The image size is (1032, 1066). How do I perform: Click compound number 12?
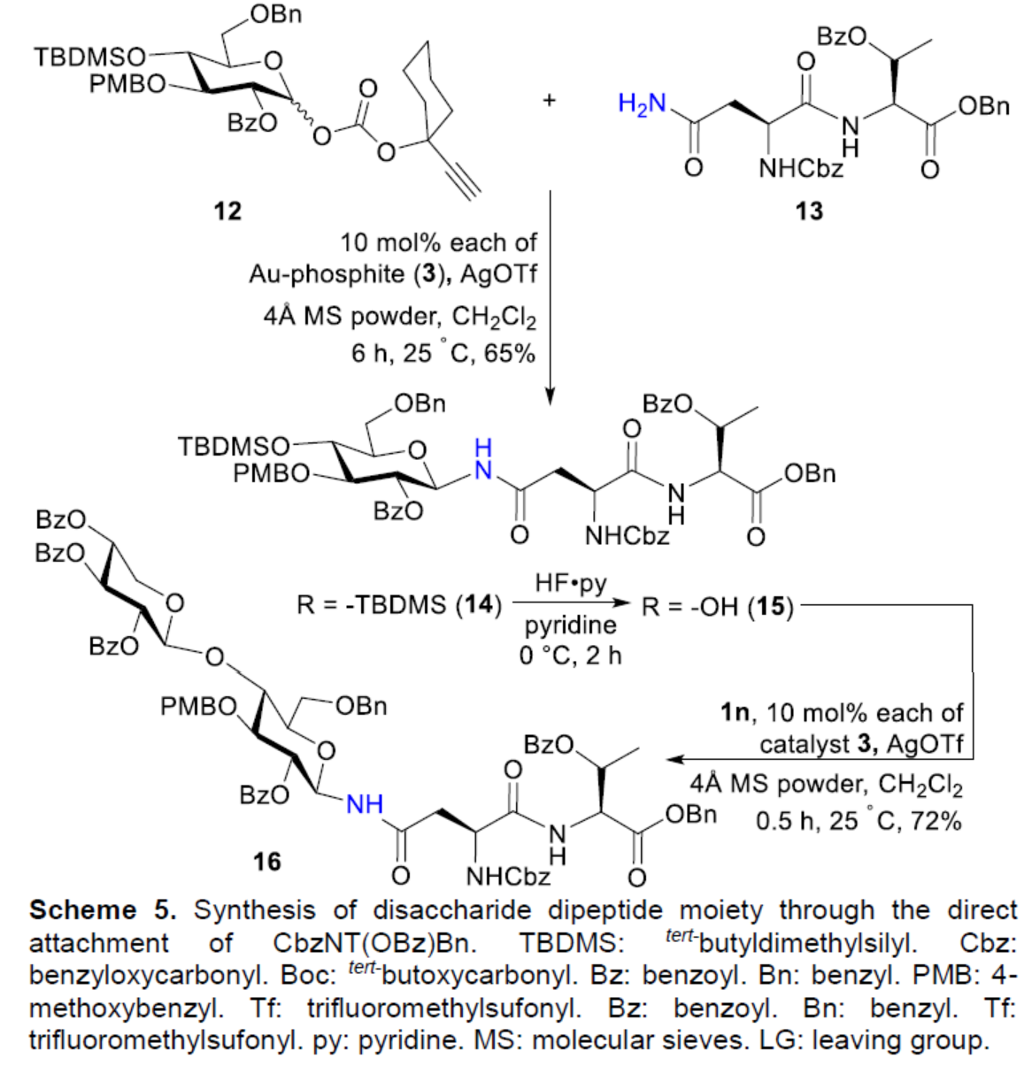click(x=227, y=211)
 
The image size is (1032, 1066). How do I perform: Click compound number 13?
click(x=808, y=211)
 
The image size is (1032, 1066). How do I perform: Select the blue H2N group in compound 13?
click(x=642, y=104)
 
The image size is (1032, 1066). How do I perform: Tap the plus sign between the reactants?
click(x=550, y=100)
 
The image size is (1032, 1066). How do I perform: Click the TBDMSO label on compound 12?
click(x=89, y=58)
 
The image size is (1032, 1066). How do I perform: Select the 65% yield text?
click(x=509, y=354)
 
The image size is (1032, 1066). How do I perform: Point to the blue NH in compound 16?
click(x=364, y=804)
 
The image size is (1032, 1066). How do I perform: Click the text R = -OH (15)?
click(x=718, y=608)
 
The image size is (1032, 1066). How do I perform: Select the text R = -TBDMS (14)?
click(x=398, y=608)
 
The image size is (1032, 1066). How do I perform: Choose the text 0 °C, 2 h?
click(x=571, y=656)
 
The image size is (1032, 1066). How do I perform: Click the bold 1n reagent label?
click(x=735, y=712)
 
